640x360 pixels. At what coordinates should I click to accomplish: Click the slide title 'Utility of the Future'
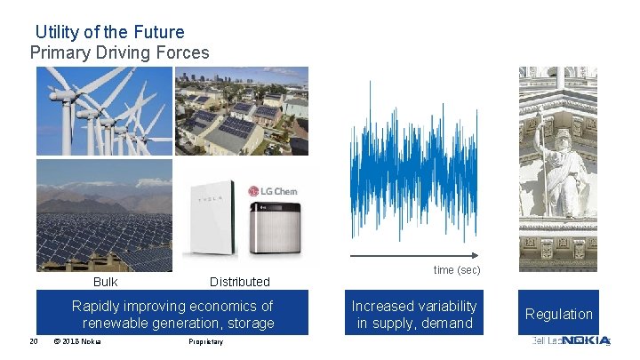(x=110, y=32)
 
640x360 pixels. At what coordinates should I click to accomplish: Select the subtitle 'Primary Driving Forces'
(x=120, y=52)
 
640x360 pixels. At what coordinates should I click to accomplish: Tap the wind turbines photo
(x=104, y=111)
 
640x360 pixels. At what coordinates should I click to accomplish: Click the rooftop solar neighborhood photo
(x=242, y=111)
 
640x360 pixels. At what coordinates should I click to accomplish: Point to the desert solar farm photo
(x=104, y=216)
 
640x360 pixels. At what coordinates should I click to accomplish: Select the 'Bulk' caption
(x=105, y=282)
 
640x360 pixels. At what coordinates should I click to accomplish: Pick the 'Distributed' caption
(x=239, y=282)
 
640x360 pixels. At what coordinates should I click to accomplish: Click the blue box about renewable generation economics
(x=172, y=314)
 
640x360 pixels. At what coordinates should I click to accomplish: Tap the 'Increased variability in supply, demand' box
(x=414, y=314)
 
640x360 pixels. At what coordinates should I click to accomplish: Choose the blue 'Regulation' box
(x=558, y=314)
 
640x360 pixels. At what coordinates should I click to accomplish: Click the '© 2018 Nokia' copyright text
(x=77, y=342)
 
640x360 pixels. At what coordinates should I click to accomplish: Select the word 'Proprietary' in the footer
(x=206, y=342)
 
